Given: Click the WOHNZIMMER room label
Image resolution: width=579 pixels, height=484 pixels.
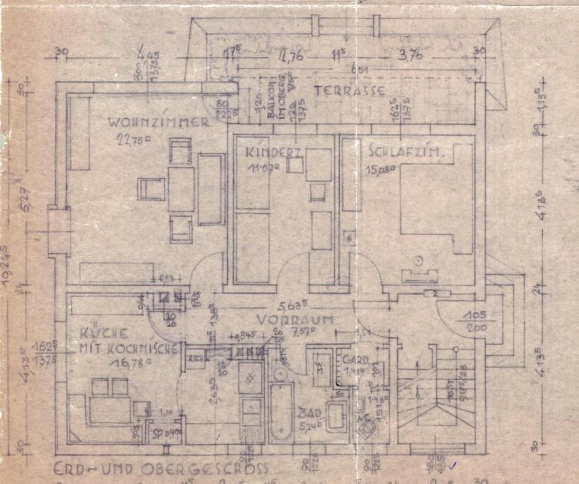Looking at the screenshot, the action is (159, 122).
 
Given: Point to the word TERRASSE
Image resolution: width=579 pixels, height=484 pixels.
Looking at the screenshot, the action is (350, 92).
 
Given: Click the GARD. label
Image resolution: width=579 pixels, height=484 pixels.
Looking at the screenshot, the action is (352, 360).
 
